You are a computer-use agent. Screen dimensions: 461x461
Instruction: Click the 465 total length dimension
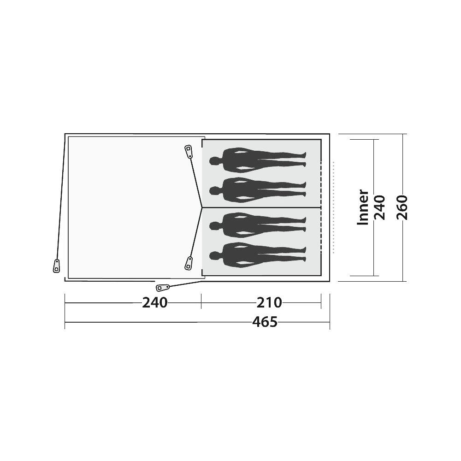click(265, 322)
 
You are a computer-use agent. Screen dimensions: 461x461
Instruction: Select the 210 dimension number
click(269, 302)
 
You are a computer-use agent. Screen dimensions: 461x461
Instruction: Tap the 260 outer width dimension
click(402, 207)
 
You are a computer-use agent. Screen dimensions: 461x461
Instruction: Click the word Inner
click(363, 207)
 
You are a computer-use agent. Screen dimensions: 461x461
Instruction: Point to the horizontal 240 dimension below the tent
click(154, 302)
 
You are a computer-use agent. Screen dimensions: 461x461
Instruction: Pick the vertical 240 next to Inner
click(379, 207)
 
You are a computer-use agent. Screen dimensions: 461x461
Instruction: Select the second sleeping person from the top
click(258, 190)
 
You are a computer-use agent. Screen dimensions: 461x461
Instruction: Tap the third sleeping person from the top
click(258, 225)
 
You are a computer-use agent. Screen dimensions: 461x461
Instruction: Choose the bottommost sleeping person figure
click(258, 255)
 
